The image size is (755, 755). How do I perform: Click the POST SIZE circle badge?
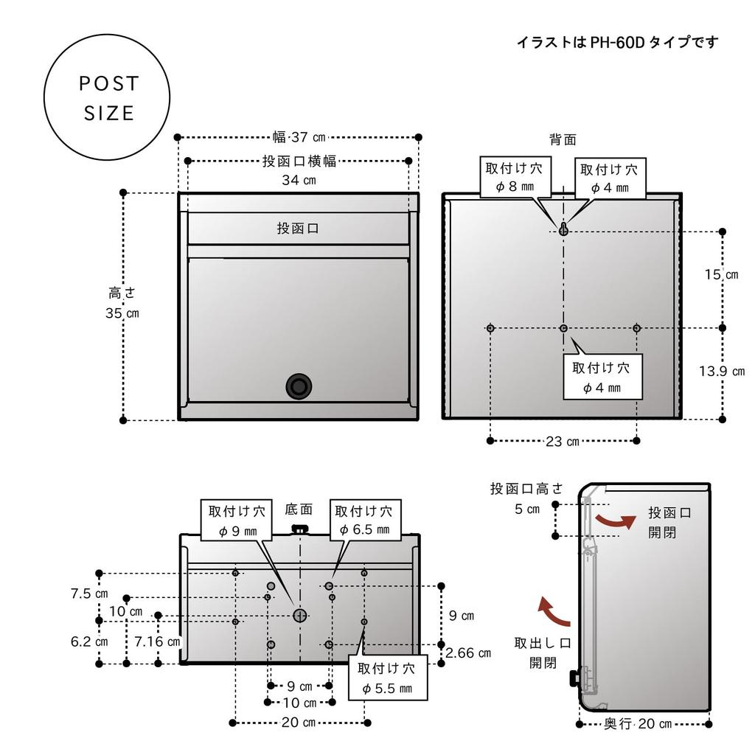(x=108, y=97)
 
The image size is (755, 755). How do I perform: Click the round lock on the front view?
(x=299, y=386)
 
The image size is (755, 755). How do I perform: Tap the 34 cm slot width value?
(x=299, y=181)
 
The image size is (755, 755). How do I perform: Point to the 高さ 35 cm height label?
(x=122, y=302)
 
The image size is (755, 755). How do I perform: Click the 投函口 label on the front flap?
(x=298, y=229)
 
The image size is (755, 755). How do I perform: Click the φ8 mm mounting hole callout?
(x=514, y=178)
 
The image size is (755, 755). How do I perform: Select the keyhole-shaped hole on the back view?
(x=563, y=229)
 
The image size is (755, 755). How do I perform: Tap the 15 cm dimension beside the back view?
(x=720, y=275)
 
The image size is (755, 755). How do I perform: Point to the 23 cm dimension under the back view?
(x=563, y=442)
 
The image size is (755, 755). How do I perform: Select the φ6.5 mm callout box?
(x=363, y=520)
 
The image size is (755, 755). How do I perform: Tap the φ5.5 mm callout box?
(x=386, y=678)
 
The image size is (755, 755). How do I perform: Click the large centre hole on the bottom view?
(x=300, y=614)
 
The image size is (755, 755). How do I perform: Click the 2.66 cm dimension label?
(x=469, y=653)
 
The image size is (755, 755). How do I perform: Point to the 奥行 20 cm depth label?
(x=638, y=724)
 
